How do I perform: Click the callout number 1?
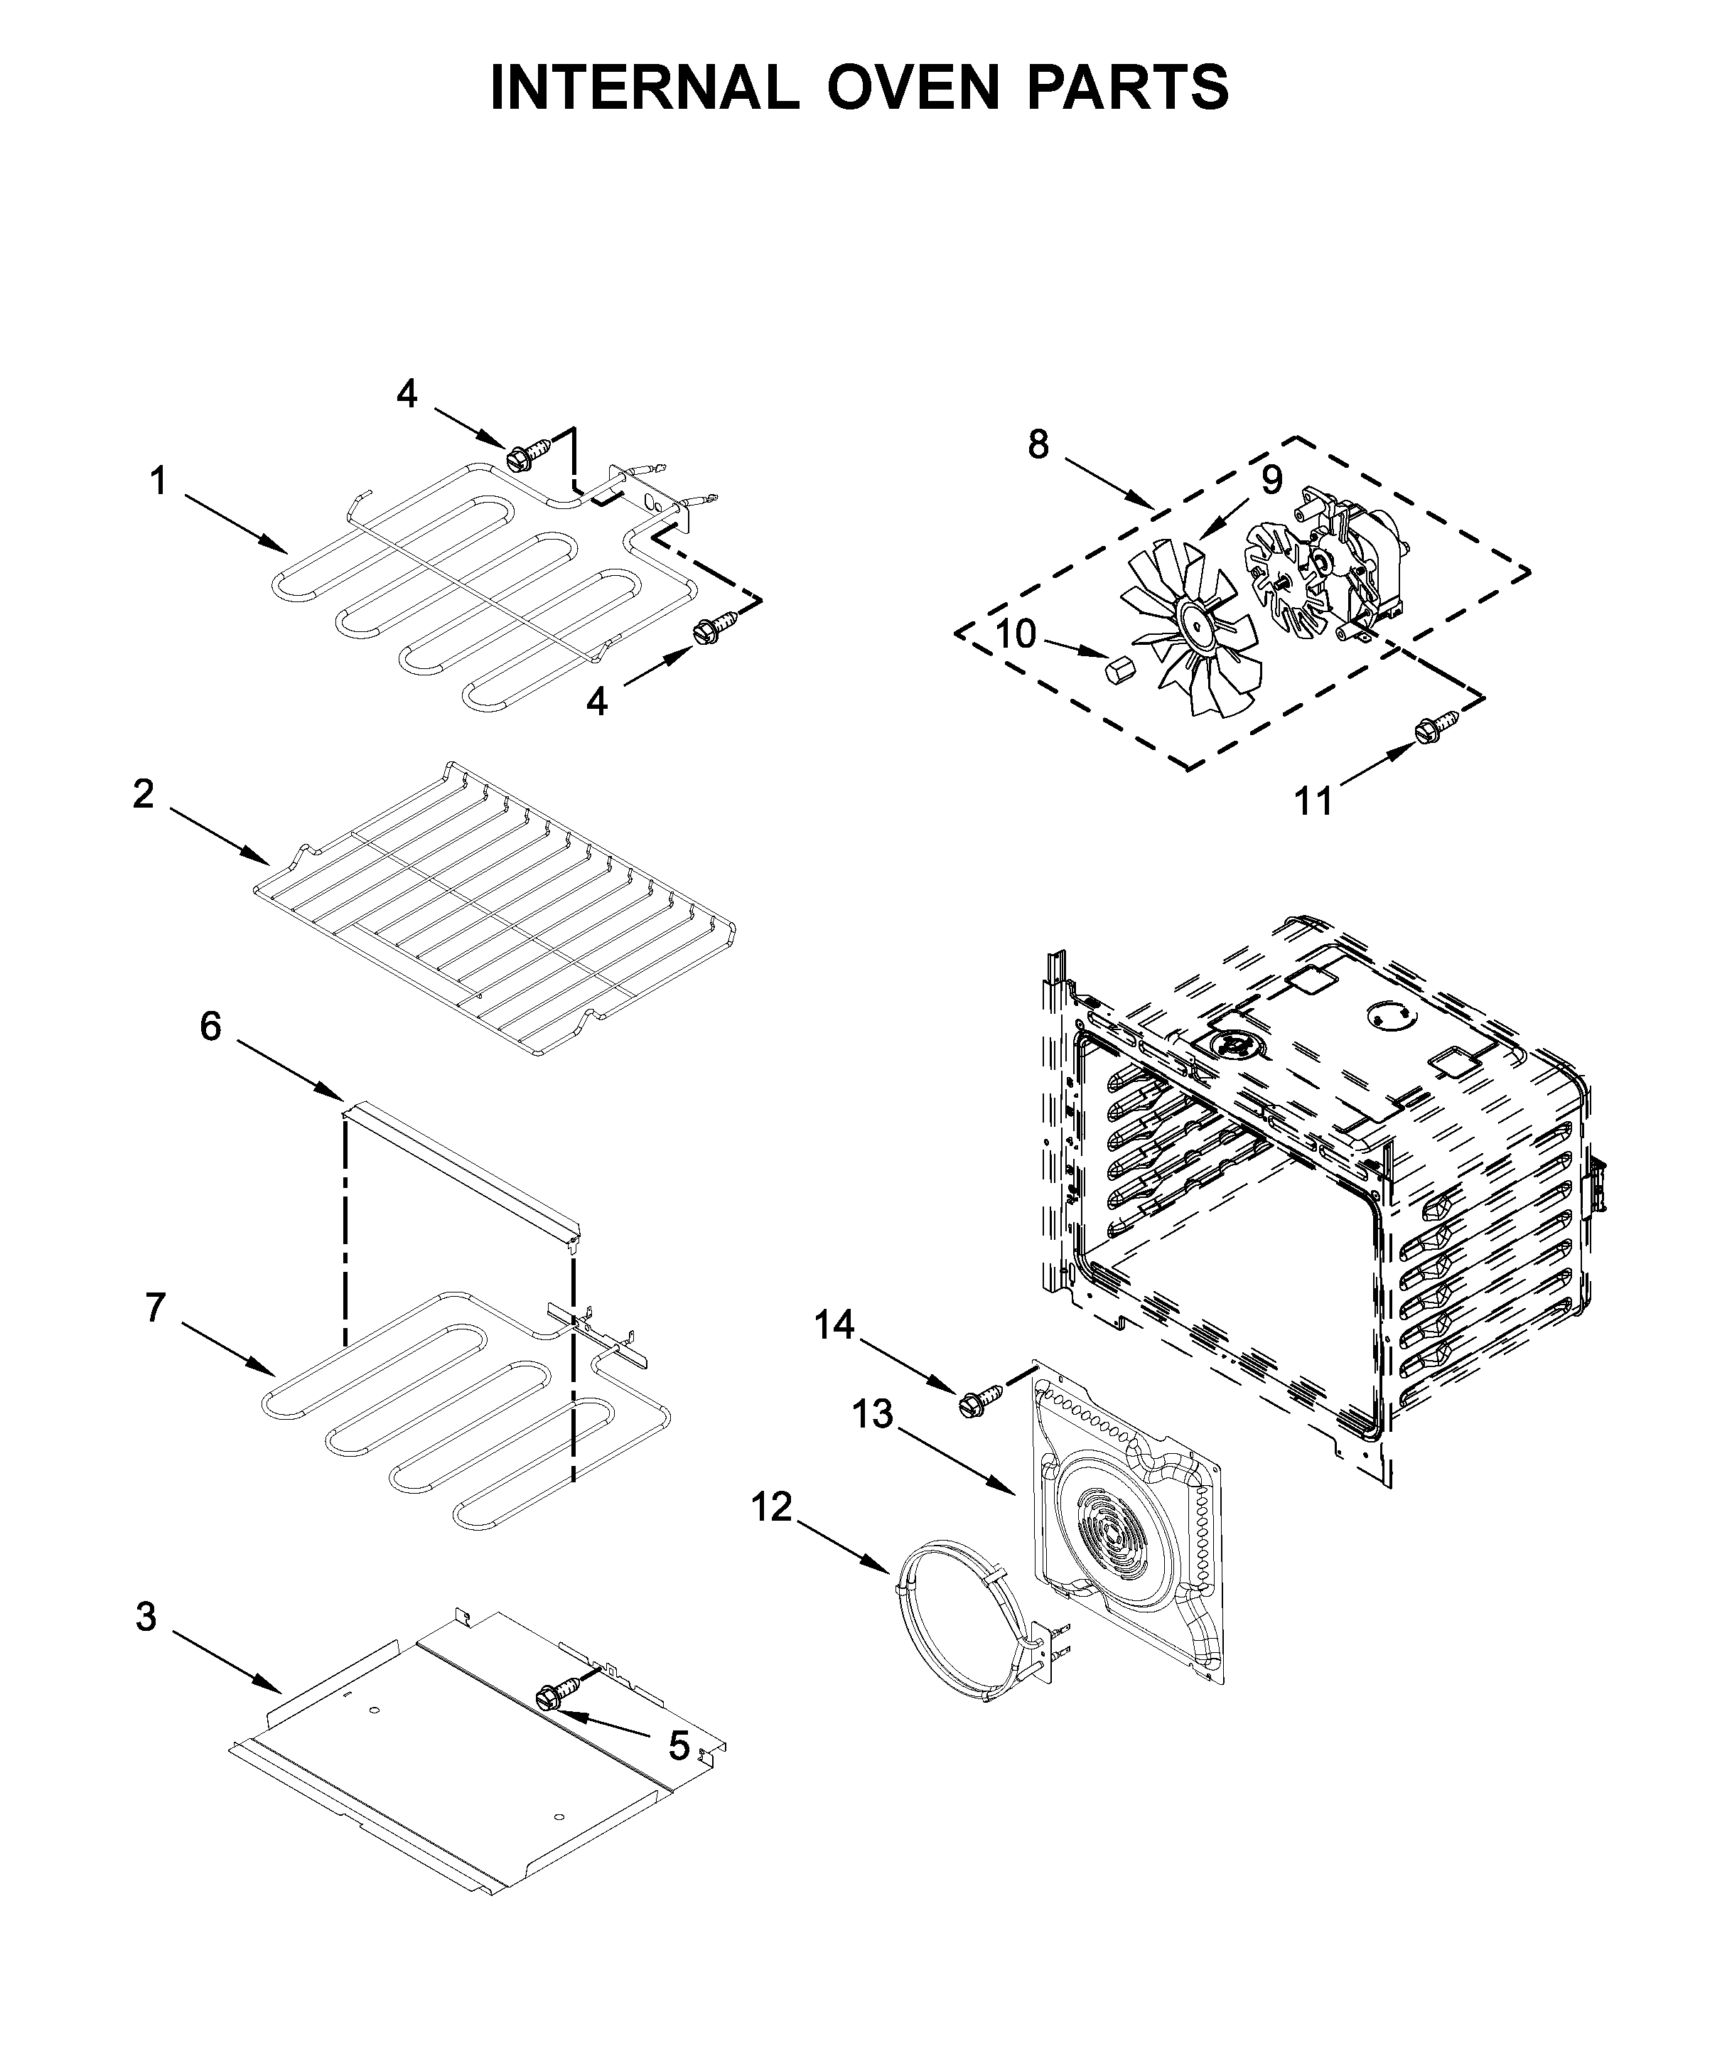pyautogui.click(x=158, y=482)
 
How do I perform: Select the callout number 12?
pyautogui.click(x=772, y=1506)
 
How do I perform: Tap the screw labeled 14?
pyautogui.click(x=982, y=1396)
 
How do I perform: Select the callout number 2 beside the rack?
pyautogui.click(x=144, y=793)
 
